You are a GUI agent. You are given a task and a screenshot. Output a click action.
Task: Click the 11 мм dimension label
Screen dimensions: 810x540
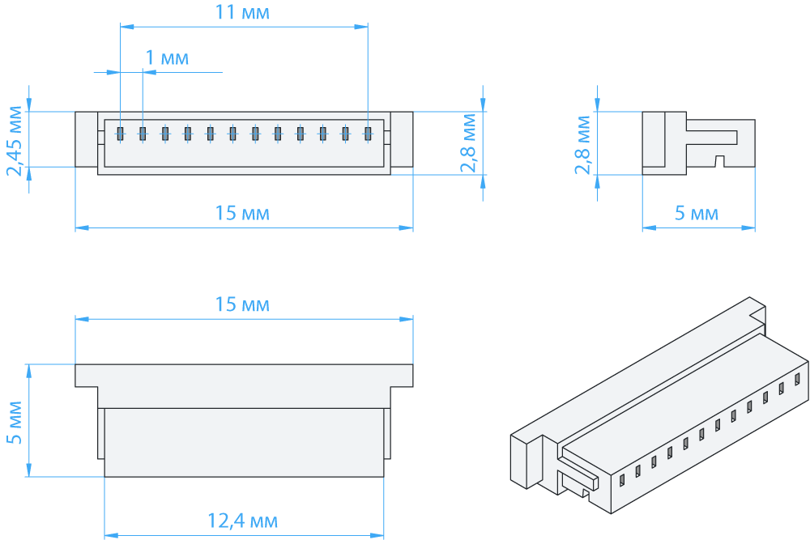[241, 12]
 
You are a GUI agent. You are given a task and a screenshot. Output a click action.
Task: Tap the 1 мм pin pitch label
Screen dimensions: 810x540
[167, 57]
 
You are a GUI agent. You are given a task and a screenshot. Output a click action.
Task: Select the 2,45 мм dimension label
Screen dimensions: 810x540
[15, 141]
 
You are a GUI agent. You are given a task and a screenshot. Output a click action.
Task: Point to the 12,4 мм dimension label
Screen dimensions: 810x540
[242, 521]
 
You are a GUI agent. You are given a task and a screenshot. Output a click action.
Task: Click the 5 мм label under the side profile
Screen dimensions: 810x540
[697, 213]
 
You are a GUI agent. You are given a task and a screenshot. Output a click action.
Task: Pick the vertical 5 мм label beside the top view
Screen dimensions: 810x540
[15, 422]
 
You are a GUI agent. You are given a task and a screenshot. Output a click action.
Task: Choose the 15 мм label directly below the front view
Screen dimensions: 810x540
[241, 213]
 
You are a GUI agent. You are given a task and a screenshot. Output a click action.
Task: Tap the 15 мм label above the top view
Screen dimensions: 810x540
[241, 304]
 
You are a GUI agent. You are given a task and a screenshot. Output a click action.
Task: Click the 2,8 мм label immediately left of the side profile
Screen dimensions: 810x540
[582, 145]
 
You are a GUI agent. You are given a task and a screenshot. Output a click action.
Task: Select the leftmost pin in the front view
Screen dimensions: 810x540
[121, 134]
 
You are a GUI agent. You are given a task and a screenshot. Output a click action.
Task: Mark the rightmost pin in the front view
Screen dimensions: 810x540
[368, 134]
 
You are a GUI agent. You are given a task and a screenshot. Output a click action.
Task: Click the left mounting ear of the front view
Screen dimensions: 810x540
[87, 139]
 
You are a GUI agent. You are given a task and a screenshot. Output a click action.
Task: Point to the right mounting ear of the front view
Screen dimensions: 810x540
[402, 139]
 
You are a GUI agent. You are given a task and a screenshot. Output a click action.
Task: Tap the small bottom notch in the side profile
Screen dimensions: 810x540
[719, 161]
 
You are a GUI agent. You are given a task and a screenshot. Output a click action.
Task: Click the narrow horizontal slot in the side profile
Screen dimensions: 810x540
[711, 137]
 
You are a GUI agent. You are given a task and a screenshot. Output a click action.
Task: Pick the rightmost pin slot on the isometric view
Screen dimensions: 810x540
[797, 380]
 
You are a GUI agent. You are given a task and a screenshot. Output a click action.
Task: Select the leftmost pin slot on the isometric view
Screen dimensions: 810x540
[622, 481]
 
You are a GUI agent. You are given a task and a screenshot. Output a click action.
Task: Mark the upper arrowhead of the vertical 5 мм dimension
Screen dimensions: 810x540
[29, 371]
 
